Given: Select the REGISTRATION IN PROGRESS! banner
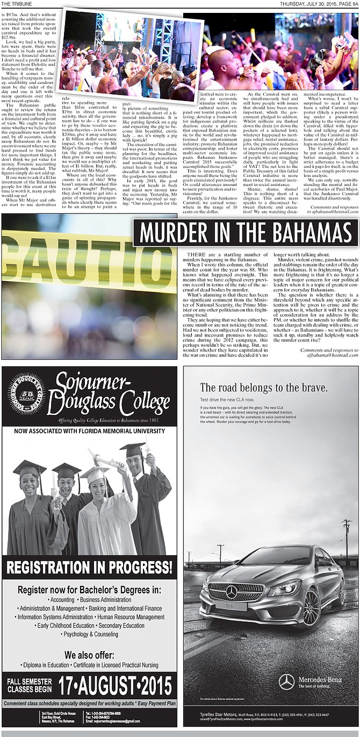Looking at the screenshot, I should click(89, 566).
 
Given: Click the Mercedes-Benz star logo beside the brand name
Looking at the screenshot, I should click(286, 682).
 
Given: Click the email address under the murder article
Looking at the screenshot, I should click(328, 355).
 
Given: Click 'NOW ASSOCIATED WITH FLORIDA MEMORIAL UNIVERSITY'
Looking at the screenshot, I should click(89, 431).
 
